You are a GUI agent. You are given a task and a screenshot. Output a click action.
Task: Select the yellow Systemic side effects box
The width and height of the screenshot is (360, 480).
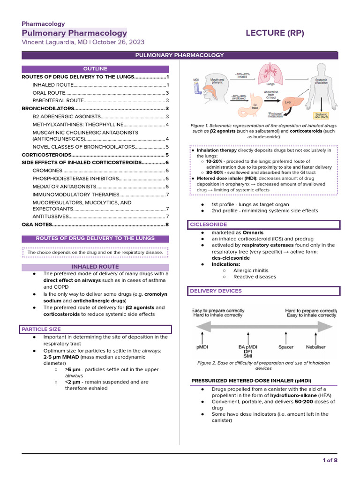322,116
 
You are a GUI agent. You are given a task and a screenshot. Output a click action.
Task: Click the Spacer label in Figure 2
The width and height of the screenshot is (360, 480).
286,347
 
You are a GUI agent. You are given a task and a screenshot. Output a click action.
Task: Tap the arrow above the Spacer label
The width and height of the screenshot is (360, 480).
286,337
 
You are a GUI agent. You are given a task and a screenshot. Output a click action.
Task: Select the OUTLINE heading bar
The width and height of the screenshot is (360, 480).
95,69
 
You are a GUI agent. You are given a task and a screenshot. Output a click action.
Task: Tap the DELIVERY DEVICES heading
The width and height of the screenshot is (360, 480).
216,291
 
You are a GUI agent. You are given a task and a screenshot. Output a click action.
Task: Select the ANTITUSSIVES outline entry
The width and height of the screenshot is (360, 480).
51,217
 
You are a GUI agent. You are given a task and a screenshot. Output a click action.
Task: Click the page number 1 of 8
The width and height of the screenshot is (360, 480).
330,460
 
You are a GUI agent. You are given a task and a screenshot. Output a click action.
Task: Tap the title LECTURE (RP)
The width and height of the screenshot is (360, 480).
275,33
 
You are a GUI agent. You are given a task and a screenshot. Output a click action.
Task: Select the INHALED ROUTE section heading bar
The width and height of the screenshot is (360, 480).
95,267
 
